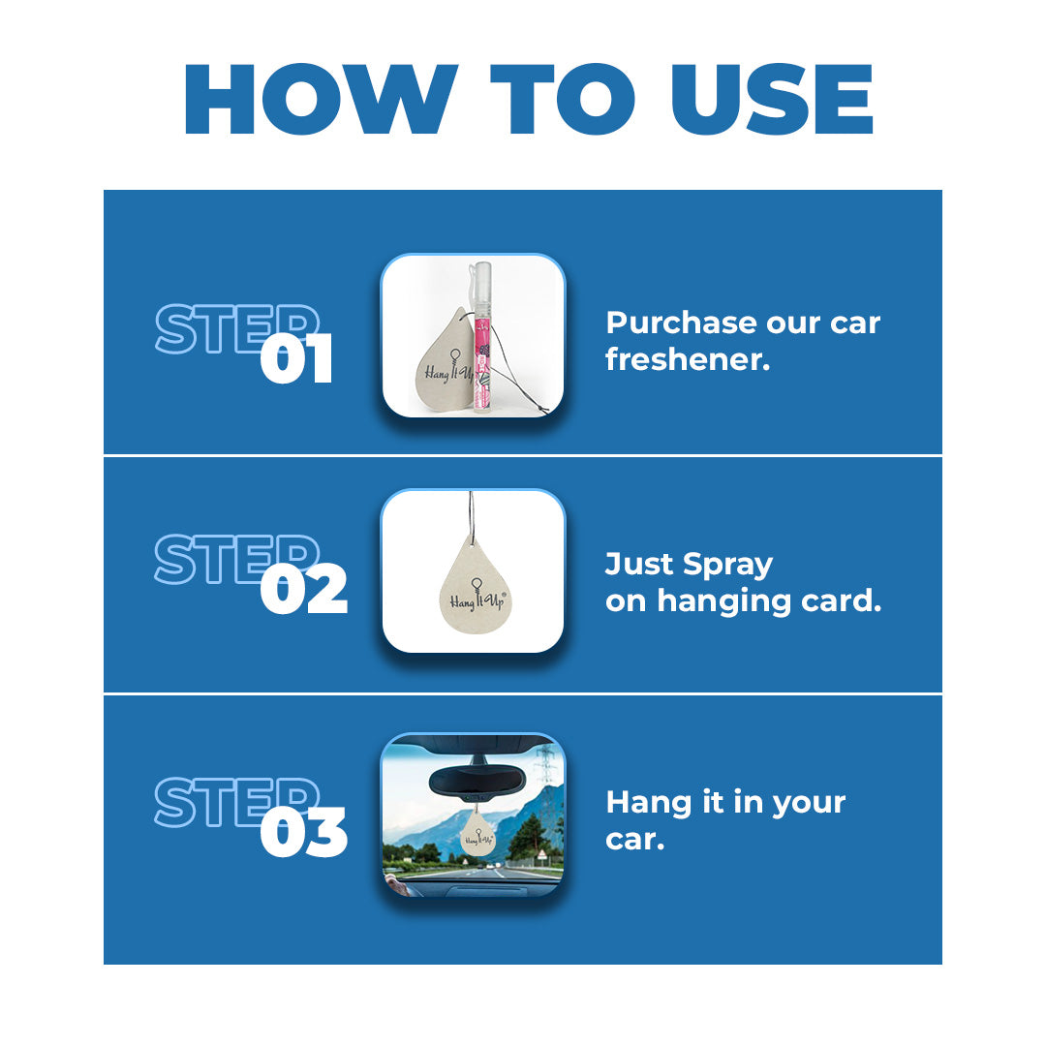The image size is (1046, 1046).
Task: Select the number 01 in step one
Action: (x=296, y=360)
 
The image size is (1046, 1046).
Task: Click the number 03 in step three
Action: (x=303, y=834)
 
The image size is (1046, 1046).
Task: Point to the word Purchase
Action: (x=678, y=323)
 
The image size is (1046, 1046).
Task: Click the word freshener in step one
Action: (x=688, y=359)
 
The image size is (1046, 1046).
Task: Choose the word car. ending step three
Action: (x=634, y=839)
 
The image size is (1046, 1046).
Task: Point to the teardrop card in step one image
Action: (x=436, y=363)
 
